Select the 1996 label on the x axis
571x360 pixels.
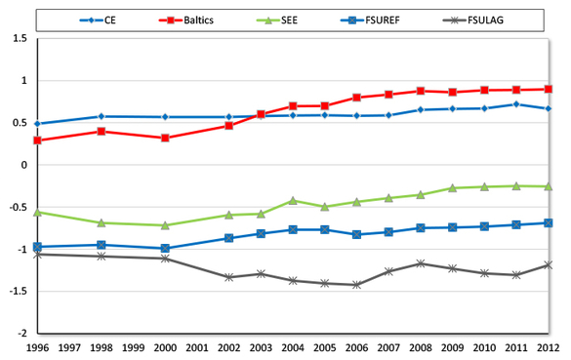pyautogui.click(x=38, y=347)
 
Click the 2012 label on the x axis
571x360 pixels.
pyautogui.click(x=549, y=347)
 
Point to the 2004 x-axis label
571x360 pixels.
pyautogui.click(x=293, y=347)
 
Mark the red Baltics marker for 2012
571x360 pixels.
pyautogui.click(x=549, y=89)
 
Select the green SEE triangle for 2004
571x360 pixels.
pyautogui.click(x=293, y=200)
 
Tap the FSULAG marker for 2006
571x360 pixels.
pyautogui.click(x=357, y=285)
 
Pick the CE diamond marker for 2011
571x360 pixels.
pyautogui.click(x=516, y=104)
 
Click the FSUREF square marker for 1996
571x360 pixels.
pyautogui.click(x=38, y=247)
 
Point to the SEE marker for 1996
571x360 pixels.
pyautogui.click(x=38, y=212)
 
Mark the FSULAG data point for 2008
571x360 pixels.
pyautogui.click(x=421, y=263)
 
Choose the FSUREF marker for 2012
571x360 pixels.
pyautogui.click(x=549, y=222)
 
